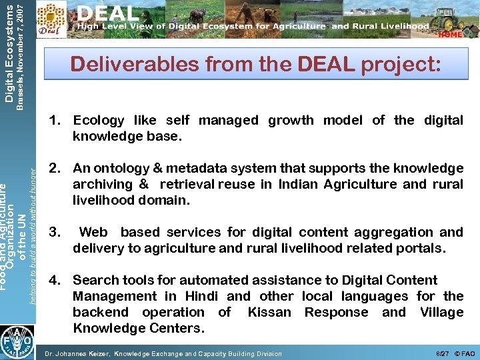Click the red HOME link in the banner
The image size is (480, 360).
451,34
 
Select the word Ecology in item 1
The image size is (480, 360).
99,121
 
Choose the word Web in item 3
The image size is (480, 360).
93,233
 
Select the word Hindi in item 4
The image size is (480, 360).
201,297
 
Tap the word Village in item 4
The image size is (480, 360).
441,313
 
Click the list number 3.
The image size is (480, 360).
55,233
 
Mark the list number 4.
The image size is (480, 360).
55,281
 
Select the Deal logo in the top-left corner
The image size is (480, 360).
53,19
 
